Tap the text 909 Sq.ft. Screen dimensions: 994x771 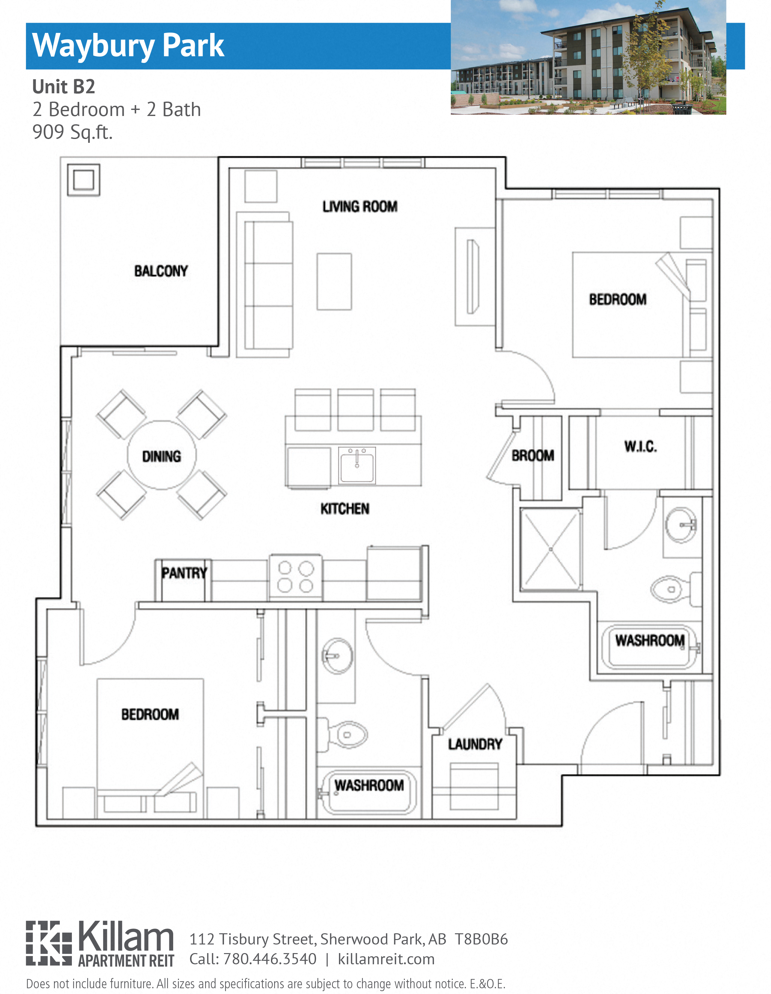click(x=72, y=133)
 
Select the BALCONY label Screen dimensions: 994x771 click(x=161, y=271)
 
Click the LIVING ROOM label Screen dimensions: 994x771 click(x=359, y=207)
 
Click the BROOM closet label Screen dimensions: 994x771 click(x=533, y=456)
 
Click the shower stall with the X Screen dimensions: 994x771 click(x=551, y=549)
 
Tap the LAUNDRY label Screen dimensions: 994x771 click(x=475, y=744)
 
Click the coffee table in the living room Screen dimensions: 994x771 click(x=334, y=282)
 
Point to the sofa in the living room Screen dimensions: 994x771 click(x=268, y=284)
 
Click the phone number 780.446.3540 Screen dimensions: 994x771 click(x=269, y=959)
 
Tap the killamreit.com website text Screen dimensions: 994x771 click(x=386, y=959)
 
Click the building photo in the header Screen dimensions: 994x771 click(x=588, y=57)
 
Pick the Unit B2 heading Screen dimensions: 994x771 click(x=64, y=87)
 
